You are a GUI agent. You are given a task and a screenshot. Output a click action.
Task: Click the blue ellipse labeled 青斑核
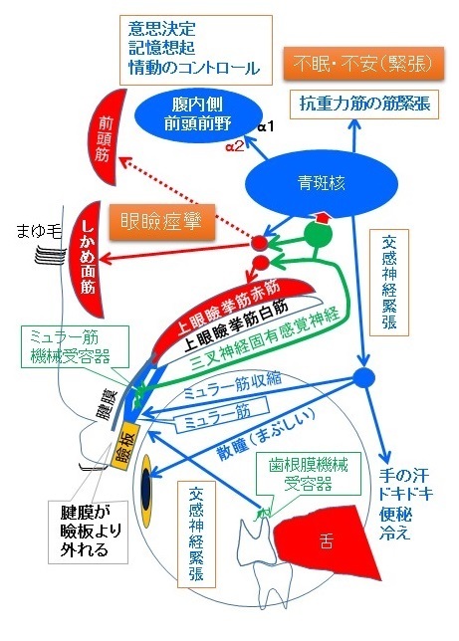tap(322, 183)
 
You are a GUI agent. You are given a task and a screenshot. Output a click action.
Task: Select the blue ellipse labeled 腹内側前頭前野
tap(198, 115)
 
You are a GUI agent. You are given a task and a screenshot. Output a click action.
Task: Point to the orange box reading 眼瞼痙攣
tap(162, 222)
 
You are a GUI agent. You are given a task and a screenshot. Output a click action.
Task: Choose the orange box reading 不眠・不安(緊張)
tap(363, 64)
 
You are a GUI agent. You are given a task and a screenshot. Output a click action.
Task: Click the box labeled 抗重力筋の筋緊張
tap(364, 105)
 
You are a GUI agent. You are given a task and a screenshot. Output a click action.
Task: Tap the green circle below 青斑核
tap(318, 234)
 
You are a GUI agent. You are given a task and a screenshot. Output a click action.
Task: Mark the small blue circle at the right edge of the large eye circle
tap(363, 377)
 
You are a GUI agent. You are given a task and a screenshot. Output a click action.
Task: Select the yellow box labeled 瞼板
tap(126, 445)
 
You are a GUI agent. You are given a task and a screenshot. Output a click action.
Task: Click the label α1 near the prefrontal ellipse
tap(266, 127)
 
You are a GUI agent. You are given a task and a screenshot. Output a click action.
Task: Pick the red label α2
tap(235, 146)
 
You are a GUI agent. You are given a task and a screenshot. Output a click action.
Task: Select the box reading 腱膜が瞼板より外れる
tap(89, 532)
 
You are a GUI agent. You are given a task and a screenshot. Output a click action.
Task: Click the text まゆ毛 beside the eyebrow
tap(39, 232)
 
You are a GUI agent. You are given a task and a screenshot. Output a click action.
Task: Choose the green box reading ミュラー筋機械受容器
tap(76, 346)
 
